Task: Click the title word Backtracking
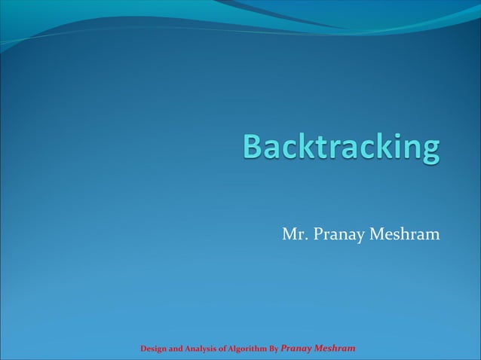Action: tap(341, 147)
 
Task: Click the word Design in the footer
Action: tap(155, 349)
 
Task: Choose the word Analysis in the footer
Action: tap(206, 349)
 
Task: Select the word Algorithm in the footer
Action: tap(252, 349)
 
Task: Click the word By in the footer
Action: tap(274, 349)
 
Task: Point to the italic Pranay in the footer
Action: tap(296, 349)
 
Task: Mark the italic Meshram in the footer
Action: tap(335, 349)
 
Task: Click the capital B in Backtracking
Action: tap(253, 146)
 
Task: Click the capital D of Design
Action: tap(144, 349)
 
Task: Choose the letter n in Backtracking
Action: tap(406, 149)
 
